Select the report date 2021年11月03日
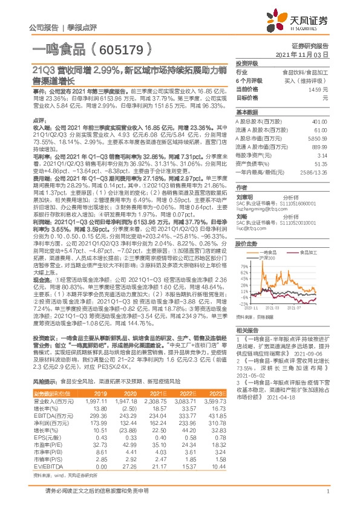click(306, 54)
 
